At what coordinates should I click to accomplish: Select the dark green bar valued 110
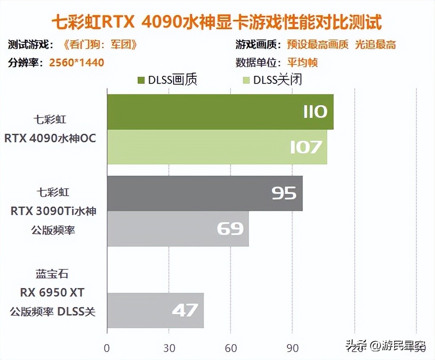[x=220, y=112]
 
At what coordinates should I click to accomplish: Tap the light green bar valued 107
[x=217, y=147]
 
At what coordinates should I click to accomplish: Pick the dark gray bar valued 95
[x=204, y=193]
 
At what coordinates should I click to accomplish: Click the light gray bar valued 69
[x=178, y=229]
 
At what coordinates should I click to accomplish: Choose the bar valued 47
[x=155, y=311]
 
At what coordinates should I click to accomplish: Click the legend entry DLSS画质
[x=167, y=80]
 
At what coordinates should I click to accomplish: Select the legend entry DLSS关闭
[x=273, y=80]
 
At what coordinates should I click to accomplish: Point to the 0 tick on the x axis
[x=107, y=348]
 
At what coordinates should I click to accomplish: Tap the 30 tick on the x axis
[x=169, y=348]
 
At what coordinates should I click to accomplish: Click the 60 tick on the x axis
[x=231, y=348]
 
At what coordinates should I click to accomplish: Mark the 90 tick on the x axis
[x=292, y=348]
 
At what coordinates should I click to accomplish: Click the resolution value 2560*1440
[x=77, y=63]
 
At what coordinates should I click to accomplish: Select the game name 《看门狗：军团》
[x=100, y=45]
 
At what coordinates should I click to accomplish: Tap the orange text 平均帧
[x=303, y=63]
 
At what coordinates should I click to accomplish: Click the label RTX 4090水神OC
[x=50, y=138]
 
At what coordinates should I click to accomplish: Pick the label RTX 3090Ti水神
[x=53, y=211]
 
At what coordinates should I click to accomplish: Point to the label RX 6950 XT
[x=53, y=293]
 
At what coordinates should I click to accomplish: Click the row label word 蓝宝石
[x=53, y=274]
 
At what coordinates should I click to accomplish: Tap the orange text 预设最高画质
[x=318, y=45]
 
